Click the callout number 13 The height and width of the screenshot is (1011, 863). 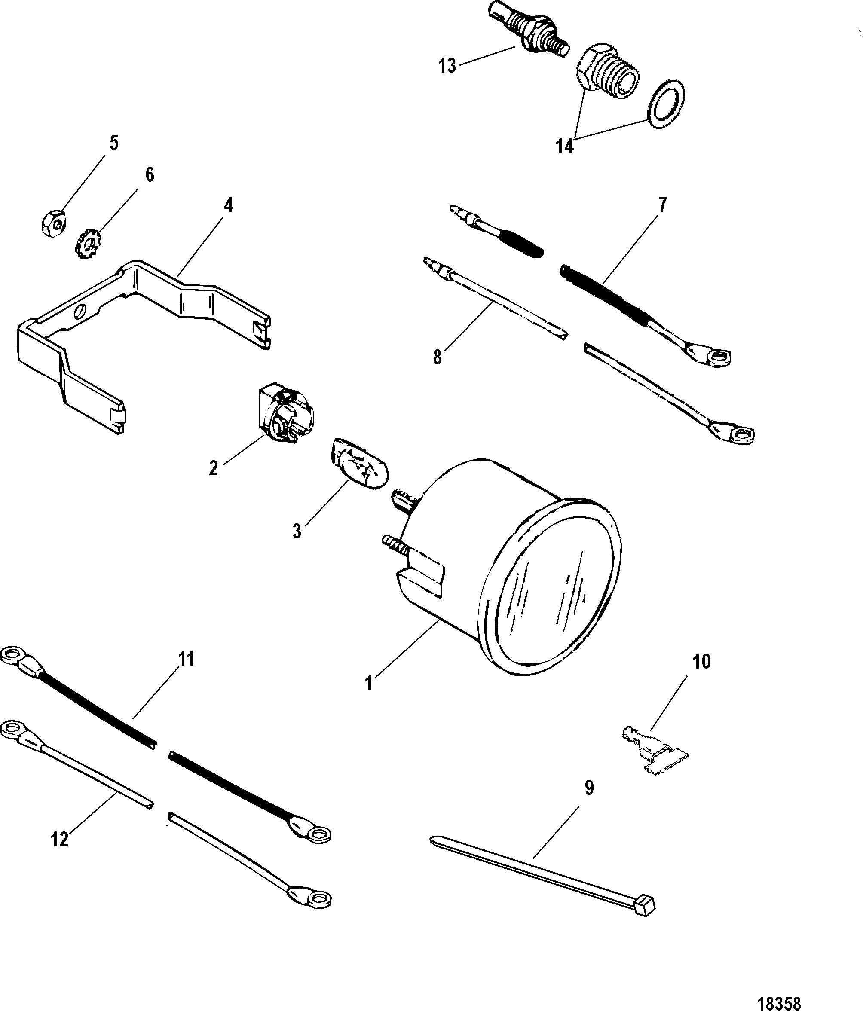point(447,65)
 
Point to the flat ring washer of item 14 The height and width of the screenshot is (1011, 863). point(666,104)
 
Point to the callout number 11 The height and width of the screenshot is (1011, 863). point(186,659)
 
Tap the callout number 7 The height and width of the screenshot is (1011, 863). point(661,205)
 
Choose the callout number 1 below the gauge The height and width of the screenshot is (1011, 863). point(369,684)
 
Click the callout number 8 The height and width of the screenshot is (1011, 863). point(438,357)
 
